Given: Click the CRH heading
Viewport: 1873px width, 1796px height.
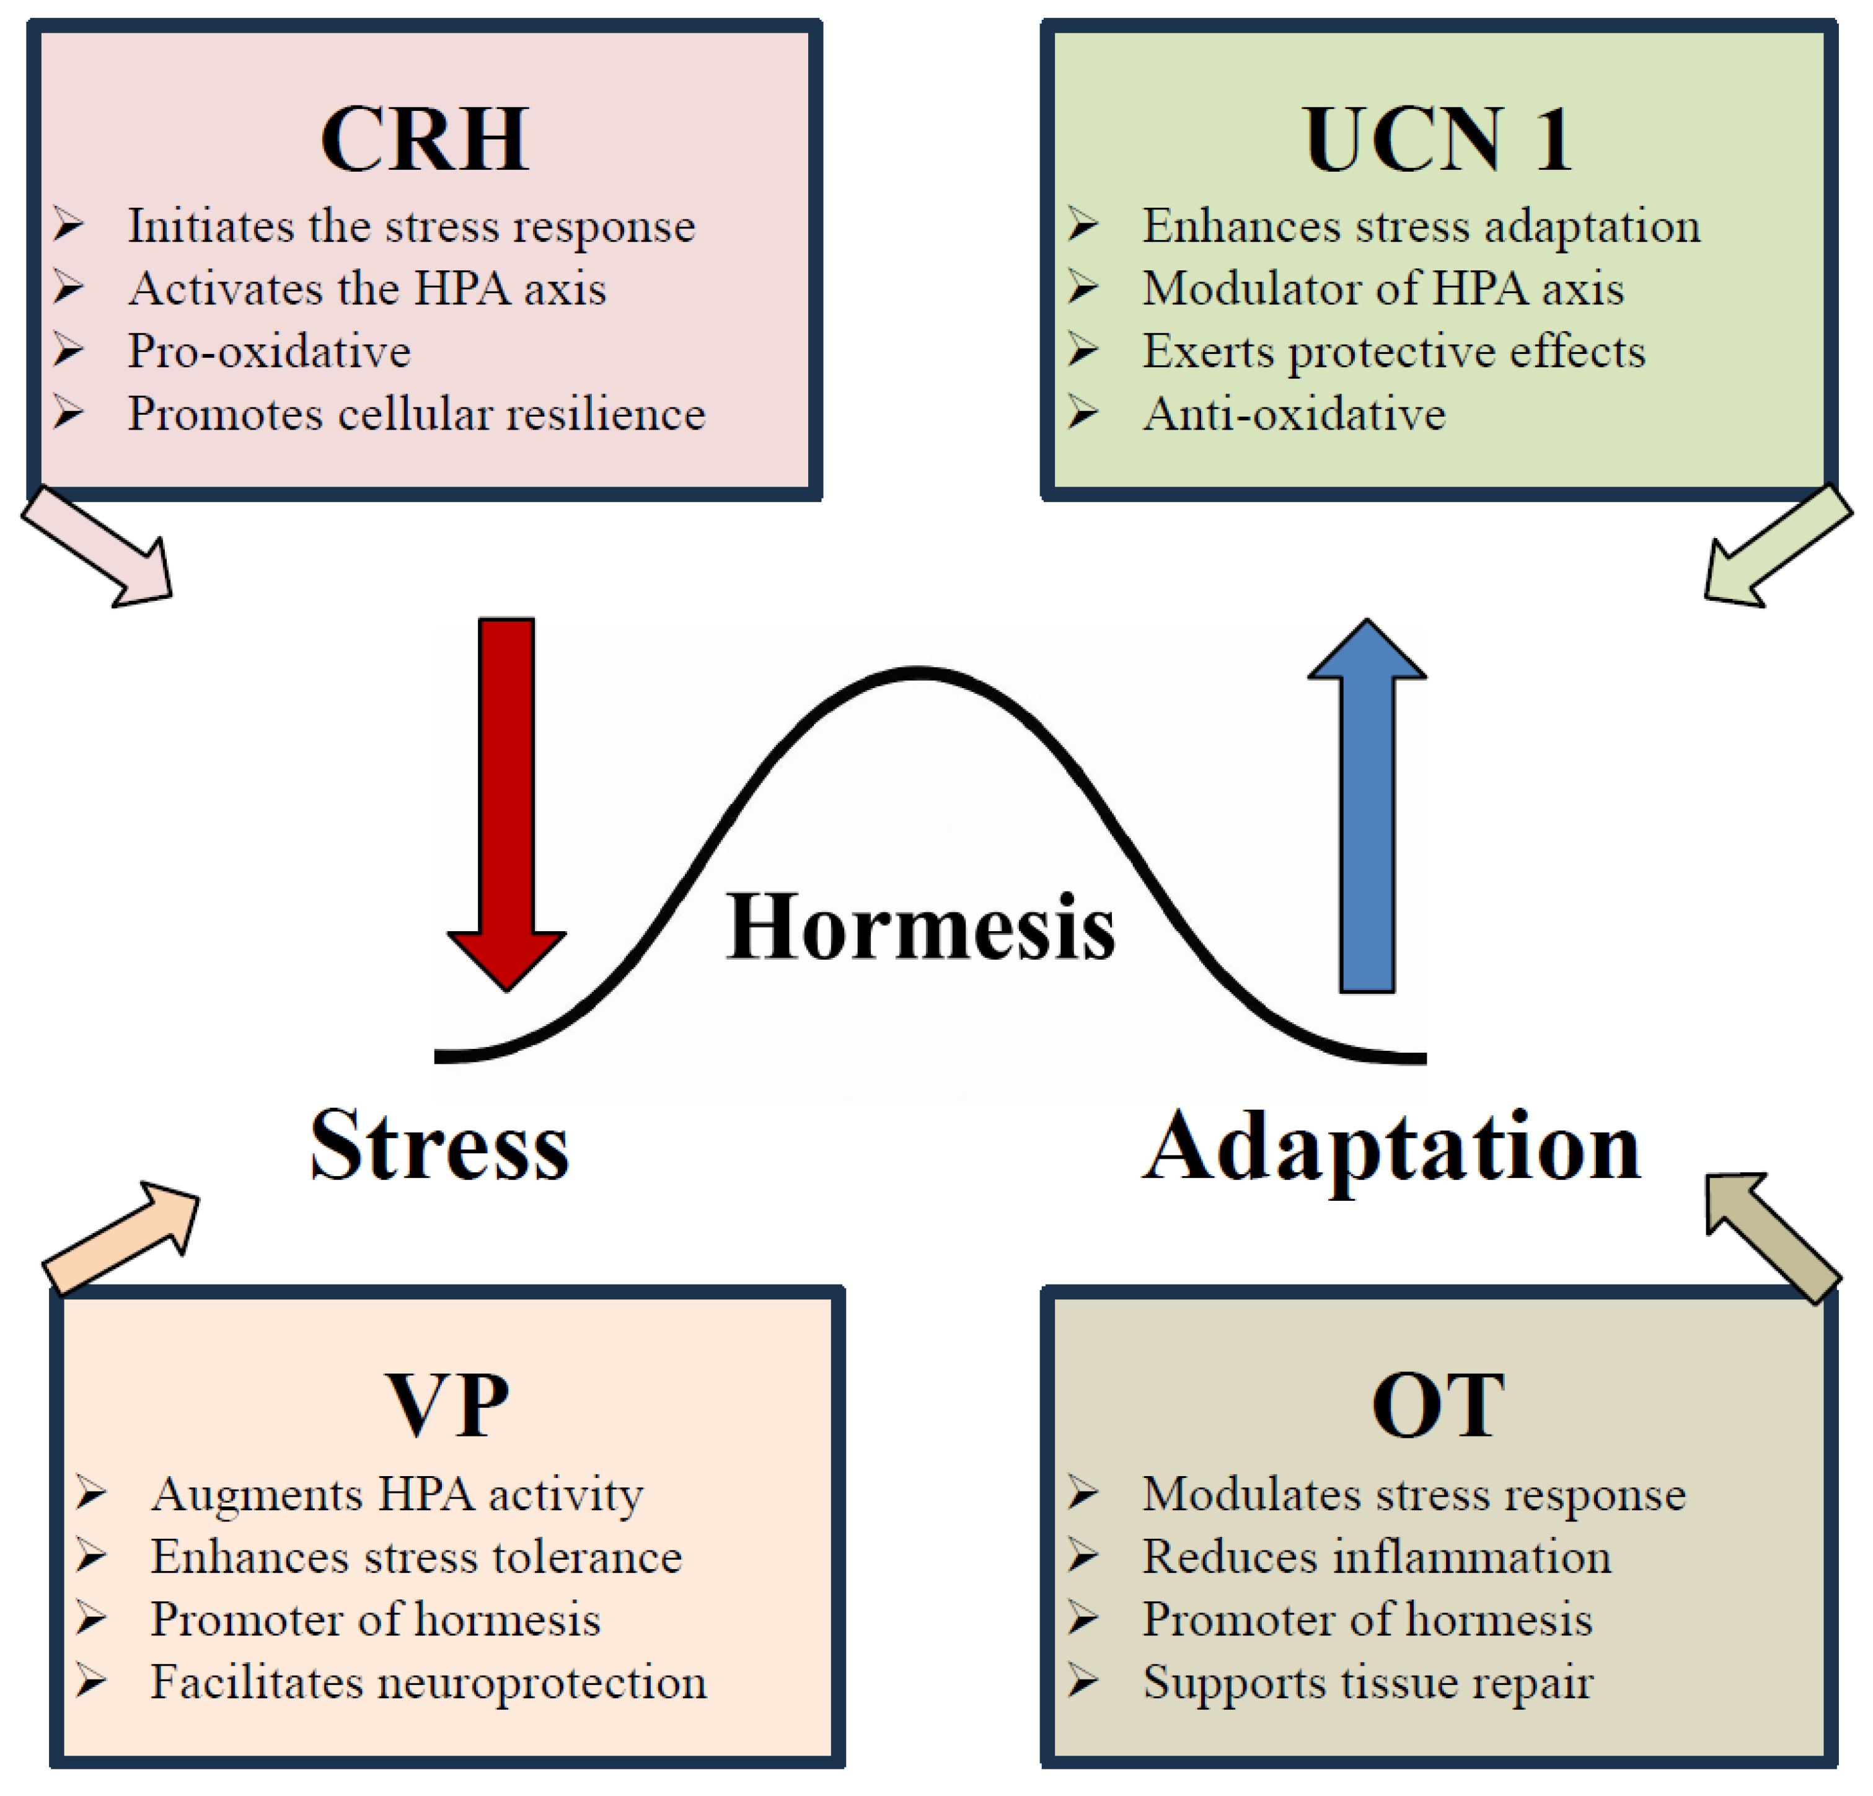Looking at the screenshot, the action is (425, 139).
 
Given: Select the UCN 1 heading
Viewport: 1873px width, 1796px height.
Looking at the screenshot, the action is (1437, 139).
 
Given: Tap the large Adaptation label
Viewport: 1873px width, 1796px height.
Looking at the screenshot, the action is (1391, 1150).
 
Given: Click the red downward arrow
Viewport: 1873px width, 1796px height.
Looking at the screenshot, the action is (506, 805).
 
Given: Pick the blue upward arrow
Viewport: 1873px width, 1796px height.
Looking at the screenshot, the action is (1367, 805).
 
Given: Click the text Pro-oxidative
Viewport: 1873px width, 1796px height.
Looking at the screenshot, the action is (270, 352).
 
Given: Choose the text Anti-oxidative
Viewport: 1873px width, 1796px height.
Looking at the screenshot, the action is (1294, 414).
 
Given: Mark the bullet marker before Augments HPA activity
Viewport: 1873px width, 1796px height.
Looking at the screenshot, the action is (90, 1493).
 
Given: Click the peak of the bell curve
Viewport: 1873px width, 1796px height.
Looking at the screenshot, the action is (919, 672).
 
